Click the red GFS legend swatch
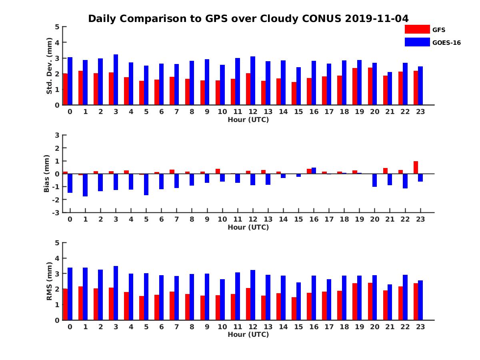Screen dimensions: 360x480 [417, 29]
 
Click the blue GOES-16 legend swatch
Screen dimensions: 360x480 [417, 42]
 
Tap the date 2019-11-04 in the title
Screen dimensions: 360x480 [376, 19]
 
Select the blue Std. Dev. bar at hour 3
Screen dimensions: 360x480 [116, 80]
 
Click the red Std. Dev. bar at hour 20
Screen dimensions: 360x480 [370, 86]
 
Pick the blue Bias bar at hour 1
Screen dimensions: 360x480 [85, 185]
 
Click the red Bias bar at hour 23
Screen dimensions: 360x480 [416, 168]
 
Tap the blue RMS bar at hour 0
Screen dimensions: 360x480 [70, 294]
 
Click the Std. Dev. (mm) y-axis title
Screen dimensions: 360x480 [50, 66]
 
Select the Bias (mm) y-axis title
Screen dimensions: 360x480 [47, 174]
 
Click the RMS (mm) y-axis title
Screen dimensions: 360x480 [50, 281]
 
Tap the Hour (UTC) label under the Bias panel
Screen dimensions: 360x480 [248, 227]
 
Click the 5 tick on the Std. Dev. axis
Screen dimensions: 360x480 [58, 27]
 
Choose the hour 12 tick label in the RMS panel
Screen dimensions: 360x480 [253, 326]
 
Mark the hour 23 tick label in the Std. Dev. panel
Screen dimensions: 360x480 [420, 112]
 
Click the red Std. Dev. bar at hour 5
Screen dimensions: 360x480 [141, 93]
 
